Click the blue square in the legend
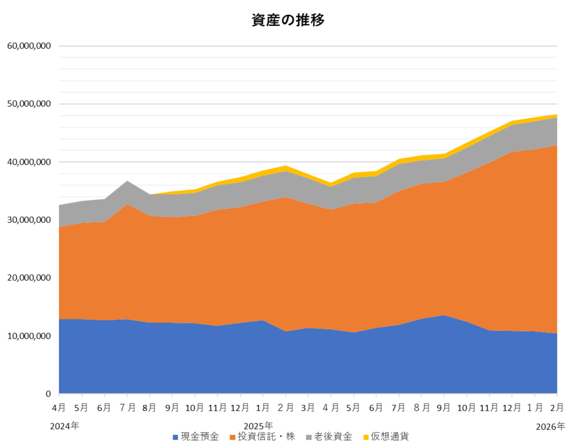[175, 437]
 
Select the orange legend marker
[232, 437]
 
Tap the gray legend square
[309, 437]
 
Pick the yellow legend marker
[366, 437]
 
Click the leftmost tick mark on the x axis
[58, 395]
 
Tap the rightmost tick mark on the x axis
[557, 395]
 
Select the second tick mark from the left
[82, 395]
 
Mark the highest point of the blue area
[444, 316]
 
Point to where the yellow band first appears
[152, 194]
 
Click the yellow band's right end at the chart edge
[556, 116]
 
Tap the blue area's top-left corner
[60, 320]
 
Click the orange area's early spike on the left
[128, 205]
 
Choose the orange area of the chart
[281, 264]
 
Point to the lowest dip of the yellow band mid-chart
[331, 184]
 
